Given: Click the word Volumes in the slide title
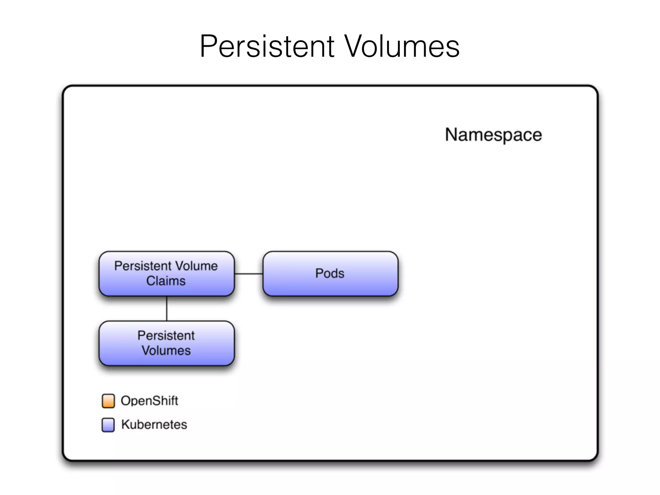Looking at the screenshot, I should tap(402, 46).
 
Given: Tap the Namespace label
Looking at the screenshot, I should tap(493, 135).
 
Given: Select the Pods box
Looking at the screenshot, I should tap(330, 274).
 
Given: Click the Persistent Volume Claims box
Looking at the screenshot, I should tap(167, 274).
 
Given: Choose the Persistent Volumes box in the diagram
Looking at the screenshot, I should tap(167, 343).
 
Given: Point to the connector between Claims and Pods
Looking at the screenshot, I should tap(248, 274).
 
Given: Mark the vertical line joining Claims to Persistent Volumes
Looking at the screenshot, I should tap(167, 308).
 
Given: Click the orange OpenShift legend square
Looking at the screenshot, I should tap(108, 401).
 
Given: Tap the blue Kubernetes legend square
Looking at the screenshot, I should tap(108, 425).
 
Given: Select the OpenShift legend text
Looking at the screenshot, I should tap(149, 401).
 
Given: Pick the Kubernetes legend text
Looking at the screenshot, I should tap(154, 425).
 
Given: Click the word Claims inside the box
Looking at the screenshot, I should tap(166, 281).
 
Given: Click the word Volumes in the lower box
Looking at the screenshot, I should tap(166, 351).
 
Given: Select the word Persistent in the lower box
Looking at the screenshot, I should tap(166, 336).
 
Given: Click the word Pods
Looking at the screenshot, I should tap(330, 274).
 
